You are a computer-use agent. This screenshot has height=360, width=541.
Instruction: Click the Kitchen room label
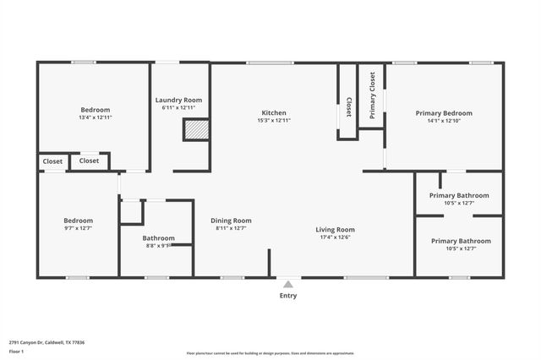[273, 112]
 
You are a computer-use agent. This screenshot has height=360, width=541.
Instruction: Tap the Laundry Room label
[178, 100]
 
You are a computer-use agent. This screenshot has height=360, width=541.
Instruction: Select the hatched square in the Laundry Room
[195, 129]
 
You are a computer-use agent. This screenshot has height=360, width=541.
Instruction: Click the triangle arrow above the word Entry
[287, 285]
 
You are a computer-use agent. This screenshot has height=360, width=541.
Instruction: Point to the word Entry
[287, 296]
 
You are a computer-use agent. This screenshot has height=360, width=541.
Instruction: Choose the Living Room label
[335, 229]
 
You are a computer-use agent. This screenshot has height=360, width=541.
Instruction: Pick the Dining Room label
[231, 221]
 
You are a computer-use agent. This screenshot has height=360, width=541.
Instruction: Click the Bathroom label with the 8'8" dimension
[158, 237]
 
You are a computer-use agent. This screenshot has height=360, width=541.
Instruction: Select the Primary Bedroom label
[444, 112]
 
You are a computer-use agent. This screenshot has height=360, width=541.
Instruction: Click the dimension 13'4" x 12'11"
[96, 117]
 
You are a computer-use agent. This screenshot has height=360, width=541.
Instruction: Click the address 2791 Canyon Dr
[47, 342]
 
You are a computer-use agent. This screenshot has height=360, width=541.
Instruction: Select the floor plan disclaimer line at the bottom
[270, 353]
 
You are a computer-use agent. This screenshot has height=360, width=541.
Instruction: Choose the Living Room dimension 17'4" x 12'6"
[335, 237]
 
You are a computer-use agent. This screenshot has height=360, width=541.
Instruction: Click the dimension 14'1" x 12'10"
[444, 121]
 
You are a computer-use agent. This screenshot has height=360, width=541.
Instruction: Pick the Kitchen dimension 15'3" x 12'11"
[273, 121]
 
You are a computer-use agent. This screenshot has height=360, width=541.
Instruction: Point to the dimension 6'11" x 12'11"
[178, 108]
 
